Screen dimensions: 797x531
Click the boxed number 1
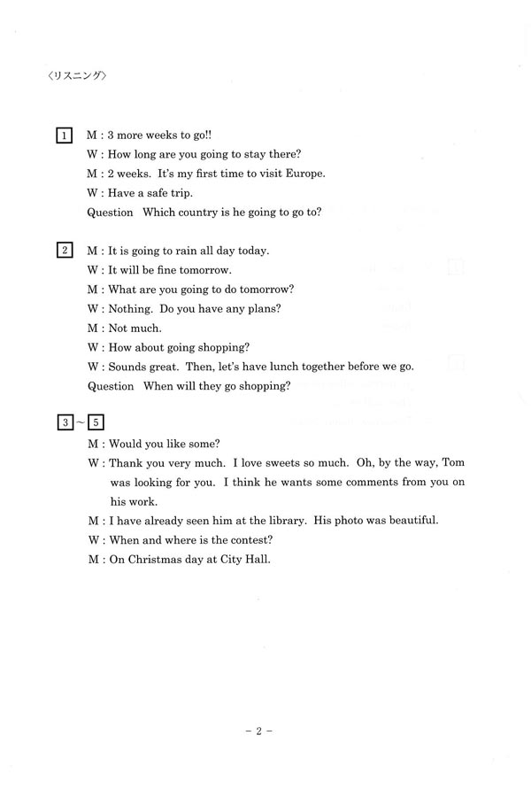(x=65, y=135)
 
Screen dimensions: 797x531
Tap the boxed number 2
(x=65, y=250)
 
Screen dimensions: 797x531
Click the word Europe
(x=304, y=174)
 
